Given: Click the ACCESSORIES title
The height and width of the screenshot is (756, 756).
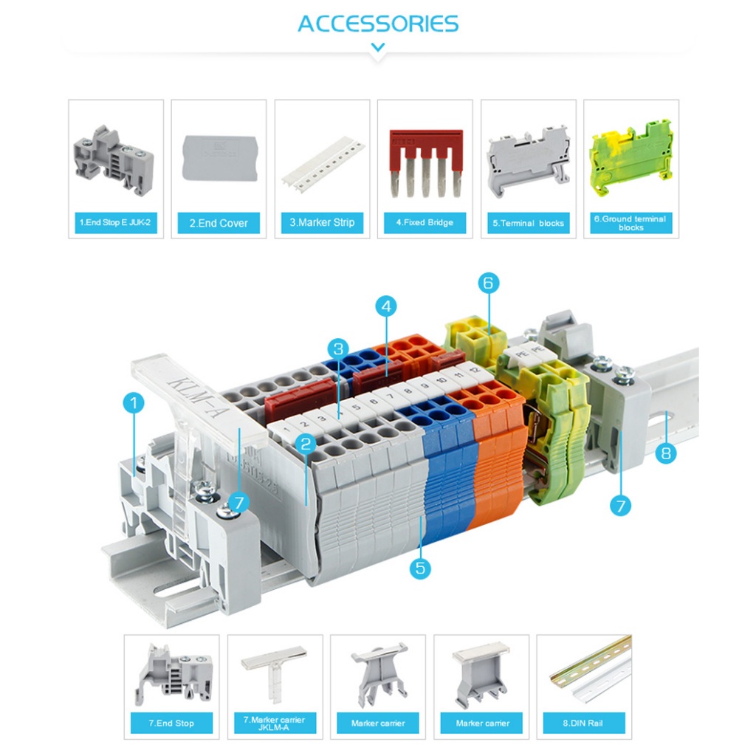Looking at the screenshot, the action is pos(378,24).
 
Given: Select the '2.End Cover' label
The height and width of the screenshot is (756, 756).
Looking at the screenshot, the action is pos(219,222).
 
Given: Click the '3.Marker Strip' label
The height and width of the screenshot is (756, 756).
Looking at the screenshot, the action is pos(322,222).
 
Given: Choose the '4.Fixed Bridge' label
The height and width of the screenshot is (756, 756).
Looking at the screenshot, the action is pos(425,222).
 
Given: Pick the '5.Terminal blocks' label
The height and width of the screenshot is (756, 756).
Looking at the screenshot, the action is pos(528,222).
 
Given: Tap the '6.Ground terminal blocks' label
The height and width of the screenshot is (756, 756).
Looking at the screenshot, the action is pos(630,223).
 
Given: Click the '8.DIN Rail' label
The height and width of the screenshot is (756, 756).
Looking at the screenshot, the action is pos(583,723).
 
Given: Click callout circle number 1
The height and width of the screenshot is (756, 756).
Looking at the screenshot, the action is pos(134,403).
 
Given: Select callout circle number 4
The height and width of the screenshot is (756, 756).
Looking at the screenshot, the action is pos(386,305).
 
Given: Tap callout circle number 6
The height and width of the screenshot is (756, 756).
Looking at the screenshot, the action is pos(489,282).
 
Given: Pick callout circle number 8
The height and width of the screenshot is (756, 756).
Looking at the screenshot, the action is pos(666,452).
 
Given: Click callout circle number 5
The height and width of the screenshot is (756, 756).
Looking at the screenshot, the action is pos(421,568).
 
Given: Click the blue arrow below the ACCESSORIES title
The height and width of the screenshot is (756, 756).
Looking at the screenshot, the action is pos(378,48).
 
